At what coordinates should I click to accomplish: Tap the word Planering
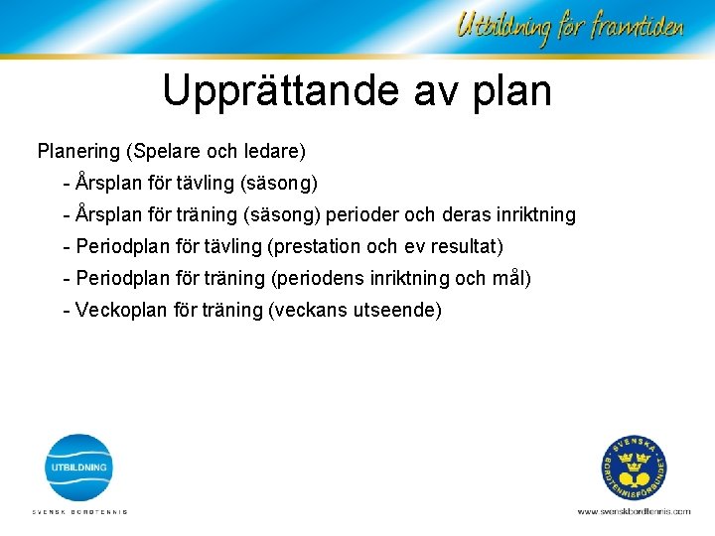(78, 152)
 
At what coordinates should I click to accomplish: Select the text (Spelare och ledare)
(215, 152)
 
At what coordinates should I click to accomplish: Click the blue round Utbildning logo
(80, 467)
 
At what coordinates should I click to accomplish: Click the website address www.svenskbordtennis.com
(634, 511)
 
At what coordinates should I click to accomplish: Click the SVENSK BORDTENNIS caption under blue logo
(80, 512)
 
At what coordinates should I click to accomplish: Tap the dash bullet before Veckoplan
(66, 310)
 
